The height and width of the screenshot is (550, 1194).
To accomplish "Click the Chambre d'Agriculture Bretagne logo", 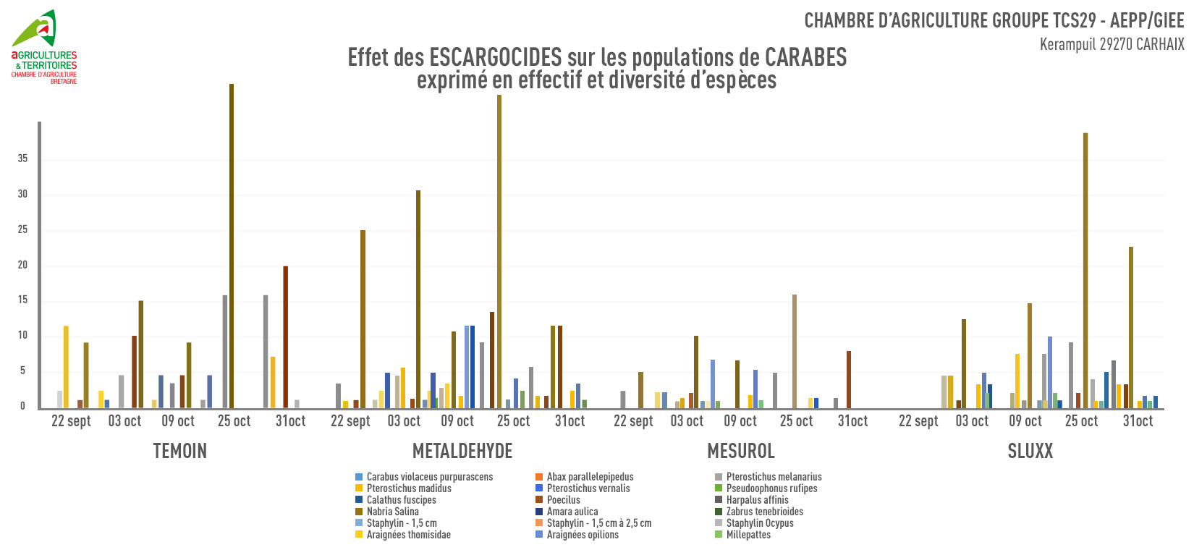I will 43,47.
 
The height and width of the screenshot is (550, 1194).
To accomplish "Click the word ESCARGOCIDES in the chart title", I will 495,57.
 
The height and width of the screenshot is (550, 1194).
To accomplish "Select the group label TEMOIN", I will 180,452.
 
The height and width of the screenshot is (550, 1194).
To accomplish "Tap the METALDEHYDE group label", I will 462,452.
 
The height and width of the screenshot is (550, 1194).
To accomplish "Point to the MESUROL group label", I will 741,452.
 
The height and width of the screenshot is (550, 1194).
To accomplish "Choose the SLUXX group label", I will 1030,452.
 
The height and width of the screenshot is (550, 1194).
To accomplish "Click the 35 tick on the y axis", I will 22,159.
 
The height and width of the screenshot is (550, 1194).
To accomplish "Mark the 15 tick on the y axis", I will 22,300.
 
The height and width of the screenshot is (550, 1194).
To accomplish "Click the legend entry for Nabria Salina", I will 392,512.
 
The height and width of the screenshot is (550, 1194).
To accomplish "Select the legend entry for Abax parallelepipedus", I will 590,477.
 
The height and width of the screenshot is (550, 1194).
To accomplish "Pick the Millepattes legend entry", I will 748,535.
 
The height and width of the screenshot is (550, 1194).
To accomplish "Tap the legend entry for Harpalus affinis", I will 757,500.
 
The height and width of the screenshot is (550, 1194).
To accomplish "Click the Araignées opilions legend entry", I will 583,535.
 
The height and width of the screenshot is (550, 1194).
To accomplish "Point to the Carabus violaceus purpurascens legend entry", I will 429,477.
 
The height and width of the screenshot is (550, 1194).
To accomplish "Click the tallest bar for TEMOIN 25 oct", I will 232,246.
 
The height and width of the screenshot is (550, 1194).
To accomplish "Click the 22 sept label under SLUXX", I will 918,421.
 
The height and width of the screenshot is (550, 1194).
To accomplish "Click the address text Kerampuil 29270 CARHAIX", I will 1112,44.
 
